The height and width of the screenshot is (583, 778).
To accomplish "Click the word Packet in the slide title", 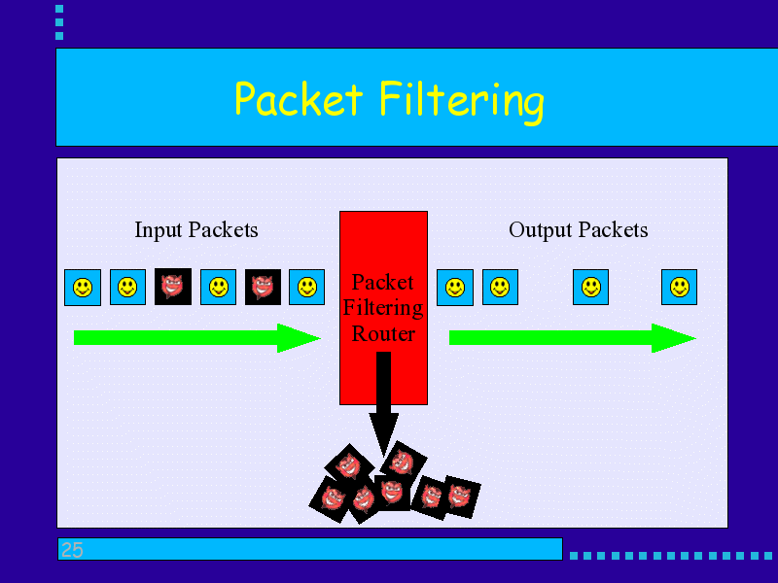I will pos(299,100).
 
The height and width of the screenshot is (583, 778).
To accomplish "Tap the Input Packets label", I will pos(196,230).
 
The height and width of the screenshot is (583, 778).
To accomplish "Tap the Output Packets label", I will pos(578,230).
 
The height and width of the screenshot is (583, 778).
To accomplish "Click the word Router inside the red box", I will pos(383,334).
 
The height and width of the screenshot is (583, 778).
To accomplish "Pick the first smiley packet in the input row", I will pos(83,288).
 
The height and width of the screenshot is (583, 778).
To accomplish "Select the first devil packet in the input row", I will pos(172,287).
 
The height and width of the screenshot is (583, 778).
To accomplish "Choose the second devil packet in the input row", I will pos(263,287).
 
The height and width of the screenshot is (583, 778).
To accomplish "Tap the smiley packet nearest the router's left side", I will pos(306,288).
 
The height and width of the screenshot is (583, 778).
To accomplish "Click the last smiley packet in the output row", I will pos(680,288).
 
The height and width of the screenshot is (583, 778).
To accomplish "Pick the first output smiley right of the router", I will pos(455,288).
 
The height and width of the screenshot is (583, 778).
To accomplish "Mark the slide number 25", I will pos(72,551).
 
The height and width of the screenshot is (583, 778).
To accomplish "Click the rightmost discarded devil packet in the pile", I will pos(462,495).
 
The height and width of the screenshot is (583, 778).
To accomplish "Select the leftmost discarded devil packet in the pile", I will pos(330,497).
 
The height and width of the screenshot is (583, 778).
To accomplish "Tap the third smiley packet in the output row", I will pos(590,288).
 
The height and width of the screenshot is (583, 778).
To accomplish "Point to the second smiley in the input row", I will pos(127,288).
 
